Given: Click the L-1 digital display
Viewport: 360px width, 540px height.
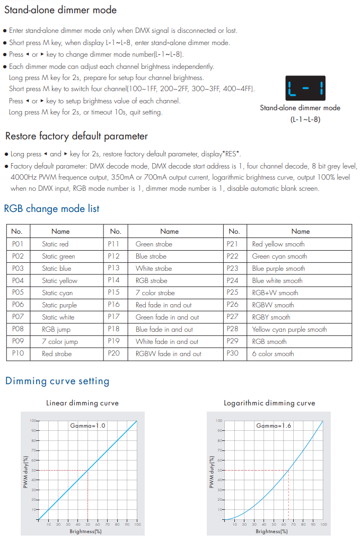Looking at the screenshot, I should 305,87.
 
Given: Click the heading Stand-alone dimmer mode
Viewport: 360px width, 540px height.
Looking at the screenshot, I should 60,10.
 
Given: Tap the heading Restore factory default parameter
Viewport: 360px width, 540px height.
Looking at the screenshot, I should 76,136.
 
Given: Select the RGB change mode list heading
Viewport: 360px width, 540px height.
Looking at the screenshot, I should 51,208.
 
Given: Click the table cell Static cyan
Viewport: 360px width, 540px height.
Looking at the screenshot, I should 57,293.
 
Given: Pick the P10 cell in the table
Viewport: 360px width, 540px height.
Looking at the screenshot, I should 18,353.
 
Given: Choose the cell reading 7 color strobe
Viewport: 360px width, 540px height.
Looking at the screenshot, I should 155,293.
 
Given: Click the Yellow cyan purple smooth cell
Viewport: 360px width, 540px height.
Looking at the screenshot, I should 289,329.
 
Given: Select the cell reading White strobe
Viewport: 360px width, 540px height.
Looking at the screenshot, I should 154,268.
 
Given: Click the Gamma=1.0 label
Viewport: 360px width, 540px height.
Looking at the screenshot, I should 87,426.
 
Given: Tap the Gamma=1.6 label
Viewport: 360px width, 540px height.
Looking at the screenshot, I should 274,426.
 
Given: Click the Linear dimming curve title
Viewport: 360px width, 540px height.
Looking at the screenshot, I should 82,403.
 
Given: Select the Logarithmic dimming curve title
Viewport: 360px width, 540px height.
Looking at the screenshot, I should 269,403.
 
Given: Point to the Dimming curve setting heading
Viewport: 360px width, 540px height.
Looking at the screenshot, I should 57,380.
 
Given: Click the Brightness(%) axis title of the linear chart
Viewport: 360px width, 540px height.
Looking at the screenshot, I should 85,531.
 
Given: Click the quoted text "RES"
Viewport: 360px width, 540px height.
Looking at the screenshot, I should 231,154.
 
